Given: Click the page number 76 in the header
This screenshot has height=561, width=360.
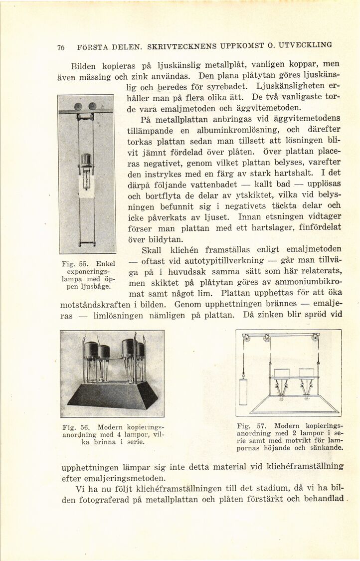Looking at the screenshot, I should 61,48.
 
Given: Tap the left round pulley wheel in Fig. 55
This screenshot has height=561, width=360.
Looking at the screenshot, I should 78,106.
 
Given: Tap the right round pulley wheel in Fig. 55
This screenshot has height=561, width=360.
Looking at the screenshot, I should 92,106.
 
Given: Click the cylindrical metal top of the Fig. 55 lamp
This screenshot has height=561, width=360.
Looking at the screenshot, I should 87,160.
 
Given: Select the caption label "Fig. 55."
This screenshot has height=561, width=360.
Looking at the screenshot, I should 69,263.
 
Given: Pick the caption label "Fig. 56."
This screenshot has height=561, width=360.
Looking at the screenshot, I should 73,427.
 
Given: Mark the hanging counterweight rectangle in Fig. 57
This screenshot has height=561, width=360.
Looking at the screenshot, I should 243,391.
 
